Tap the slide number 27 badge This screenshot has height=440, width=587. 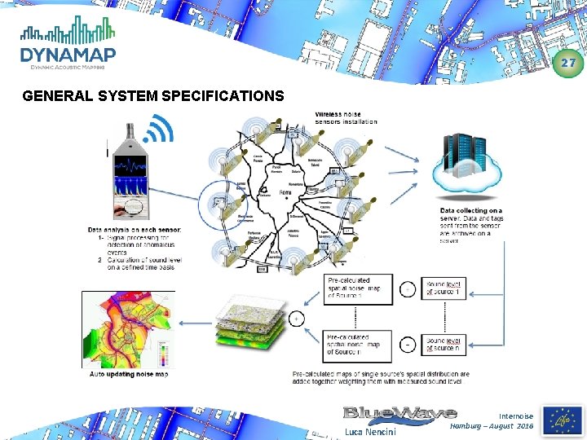pos(569,63)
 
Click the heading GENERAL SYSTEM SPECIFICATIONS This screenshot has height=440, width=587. pos(153,96)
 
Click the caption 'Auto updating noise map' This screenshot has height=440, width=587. pos(129,374)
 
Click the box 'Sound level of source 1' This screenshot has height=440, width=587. pos(446,287)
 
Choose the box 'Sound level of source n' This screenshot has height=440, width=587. pos(446,345)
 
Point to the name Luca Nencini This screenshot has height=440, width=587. pos(372,431)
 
